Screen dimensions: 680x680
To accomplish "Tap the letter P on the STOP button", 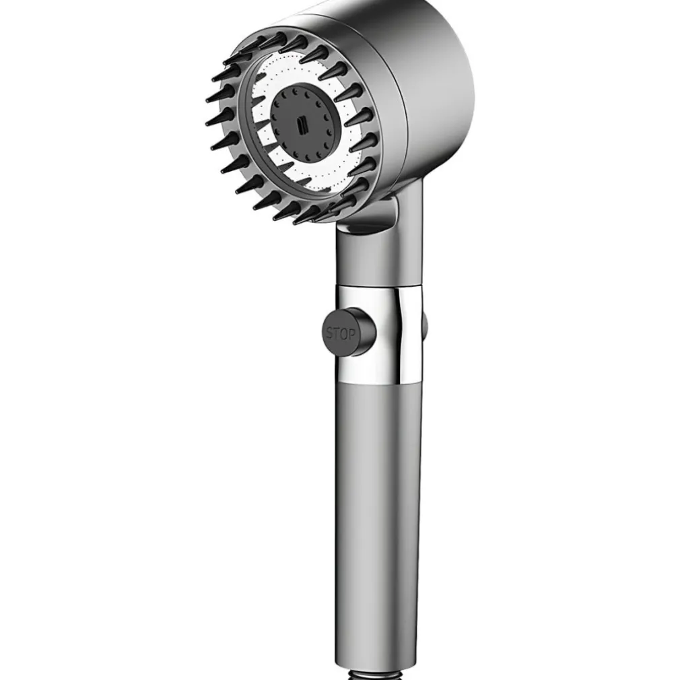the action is (x=351, y=335).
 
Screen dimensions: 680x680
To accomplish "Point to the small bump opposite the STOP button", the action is (x=425, y=325).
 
